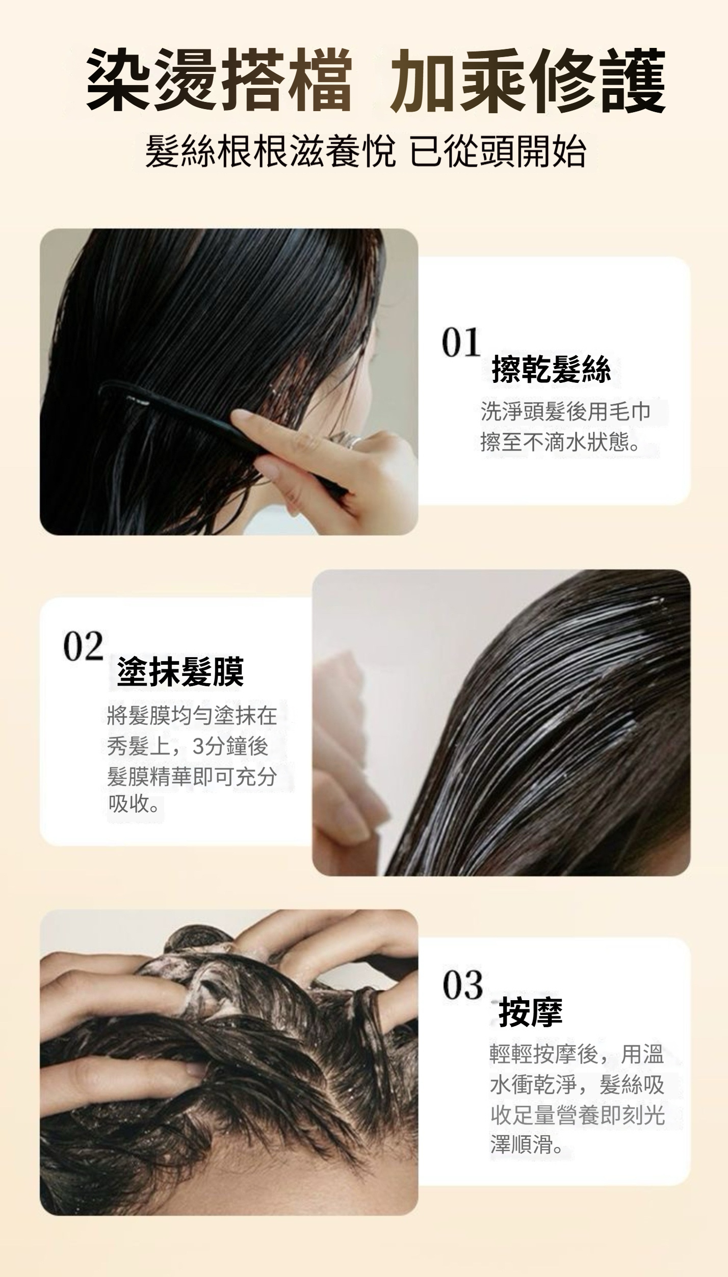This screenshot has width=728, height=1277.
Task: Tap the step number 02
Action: tap(83, 646)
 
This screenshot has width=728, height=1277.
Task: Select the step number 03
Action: tap(462, 985)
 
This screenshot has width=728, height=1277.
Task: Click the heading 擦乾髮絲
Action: tap(551, 370)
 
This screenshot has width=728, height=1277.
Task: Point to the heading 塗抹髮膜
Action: tap(180, 672)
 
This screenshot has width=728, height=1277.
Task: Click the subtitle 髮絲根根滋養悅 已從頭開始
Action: tap(365, 152)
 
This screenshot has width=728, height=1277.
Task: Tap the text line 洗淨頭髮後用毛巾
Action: tap(565, 412)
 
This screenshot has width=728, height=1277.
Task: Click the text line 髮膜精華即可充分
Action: tap(192, 776)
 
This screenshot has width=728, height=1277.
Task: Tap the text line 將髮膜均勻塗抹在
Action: tap(192, 717)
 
